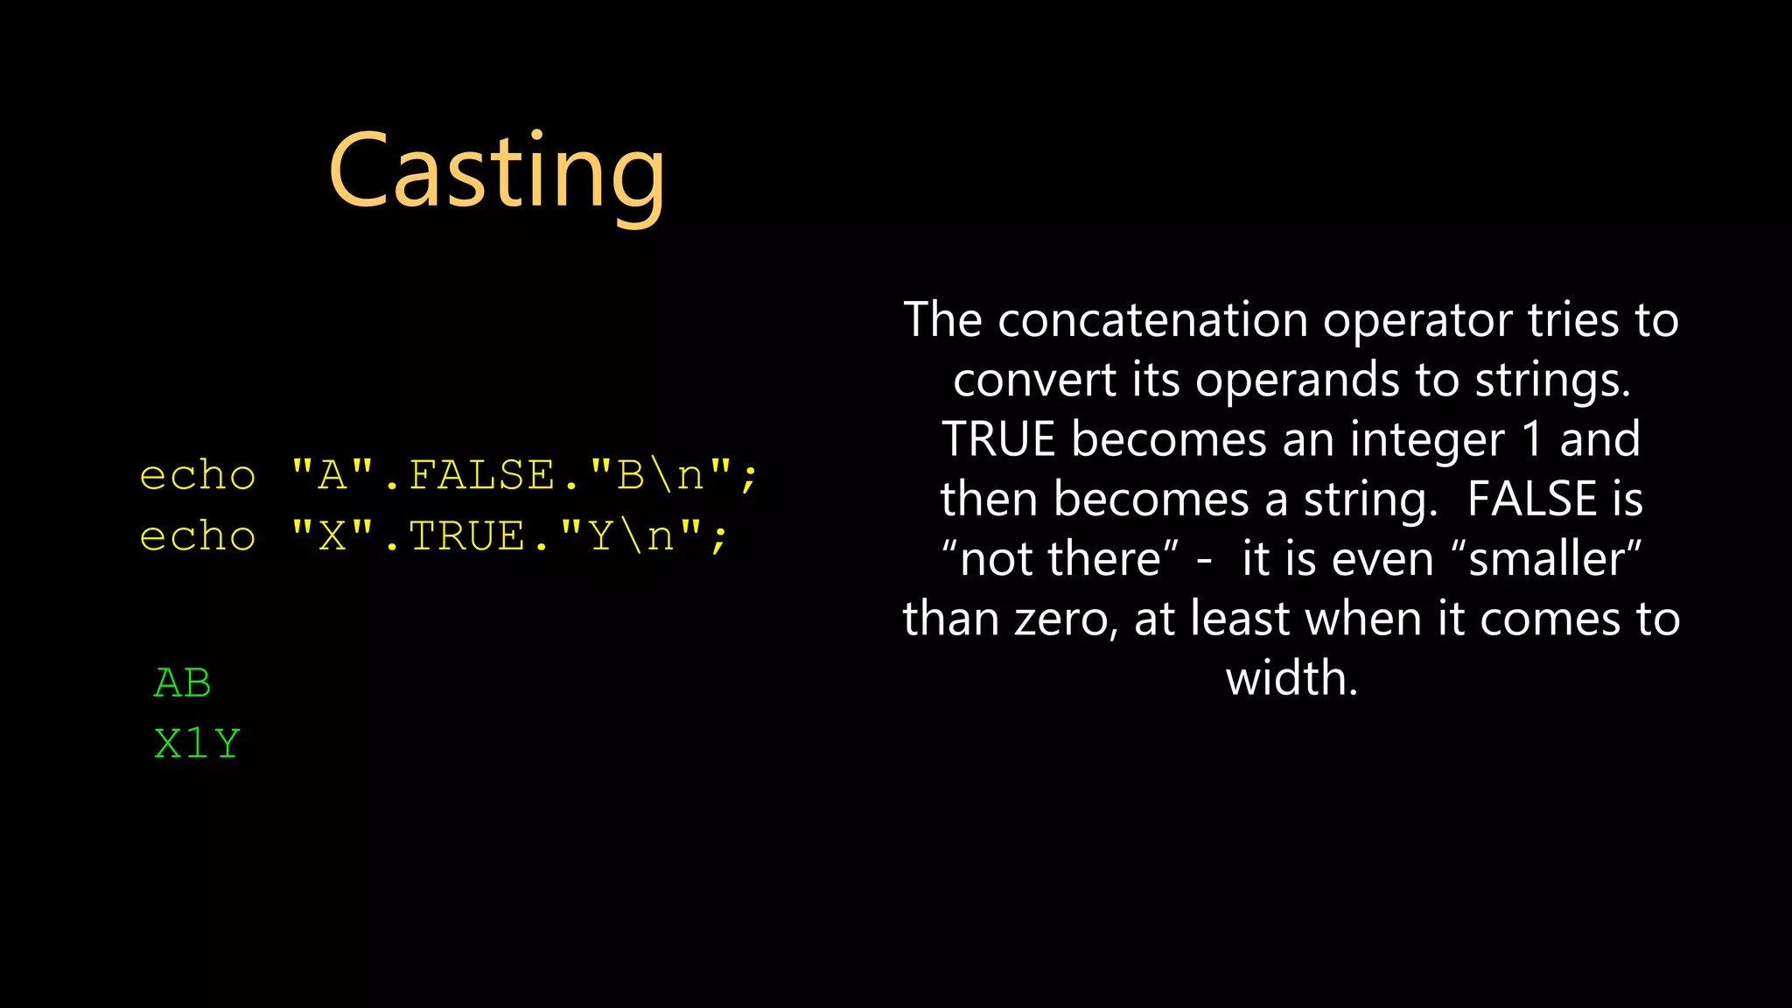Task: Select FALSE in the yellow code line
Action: (x=481, y=475)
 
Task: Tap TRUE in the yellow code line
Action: (x=466, y=535)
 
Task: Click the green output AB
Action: (x=183, y=683)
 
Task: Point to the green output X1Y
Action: (x=197, y=744)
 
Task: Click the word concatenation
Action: (x=1154, y=320)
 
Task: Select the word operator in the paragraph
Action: (x=1418, y=320)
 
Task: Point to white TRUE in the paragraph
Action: (x=998, y=439)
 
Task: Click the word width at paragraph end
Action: (x=1291, y=679)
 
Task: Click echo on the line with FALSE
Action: (x=198, y=475)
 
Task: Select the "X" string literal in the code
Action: (x=332, y=535)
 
